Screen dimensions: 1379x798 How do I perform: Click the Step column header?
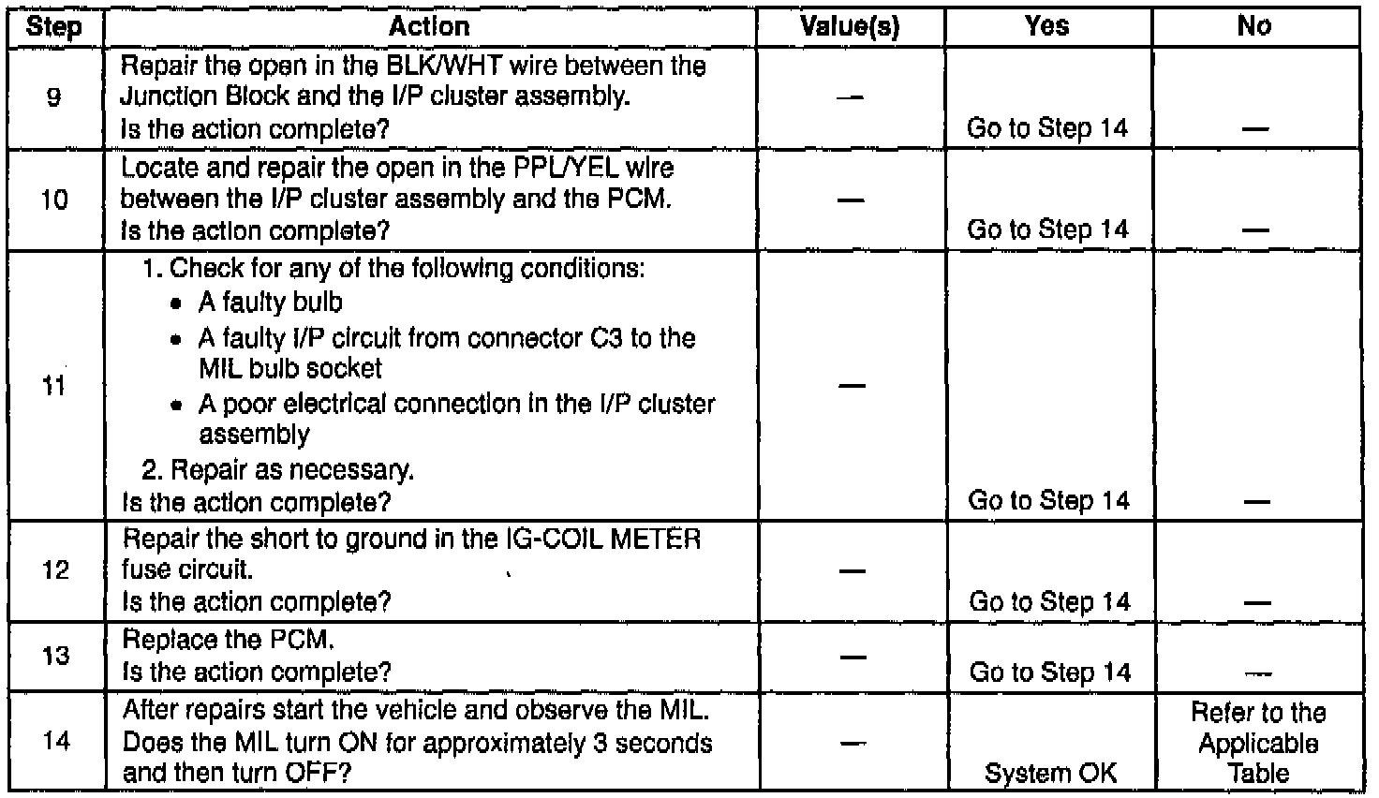53,26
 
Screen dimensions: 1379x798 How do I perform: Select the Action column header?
429,26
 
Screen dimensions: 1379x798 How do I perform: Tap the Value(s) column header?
850,26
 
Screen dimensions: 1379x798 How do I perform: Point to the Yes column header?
1047,26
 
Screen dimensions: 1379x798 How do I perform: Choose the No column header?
1255,26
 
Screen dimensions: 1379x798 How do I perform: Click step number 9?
53,97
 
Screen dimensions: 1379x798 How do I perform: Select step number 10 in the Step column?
54,199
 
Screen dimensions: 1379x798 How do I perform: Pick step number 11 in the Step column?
54,385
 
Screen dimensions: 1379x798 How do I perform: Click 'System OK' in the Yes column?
1049,773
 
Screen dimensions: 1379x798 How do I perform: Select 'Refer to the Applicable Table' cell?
1257,743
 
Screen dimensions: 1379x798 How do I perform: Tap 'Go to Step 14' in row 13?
1049,672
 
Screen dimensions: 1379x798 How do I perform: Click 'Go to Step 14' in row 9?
1047,128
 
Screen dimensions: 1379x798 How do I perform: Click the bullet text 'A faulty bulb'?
271,303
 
